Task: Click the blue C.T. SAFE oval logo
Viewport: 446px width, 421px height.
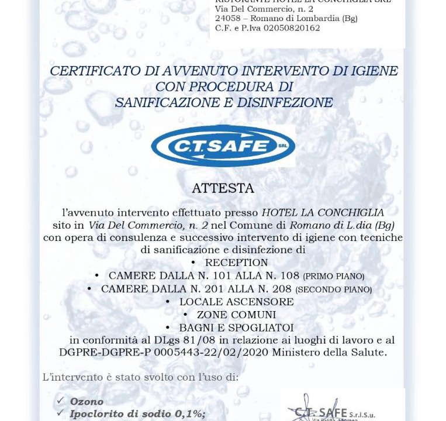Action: [223, 146]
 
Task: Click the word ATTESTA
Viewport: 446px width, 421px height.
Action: [223, 189]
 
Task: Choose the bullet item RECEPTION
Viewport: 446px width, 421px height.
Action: [236, 263]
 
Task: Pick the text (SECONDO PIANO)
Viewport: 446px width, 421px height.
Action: [333, 289]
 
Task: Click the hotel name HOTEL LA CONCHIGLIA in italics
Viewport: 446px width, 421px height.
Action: [323, 212]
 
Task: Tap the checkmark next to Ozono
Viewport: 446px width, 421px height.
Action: [60, 401]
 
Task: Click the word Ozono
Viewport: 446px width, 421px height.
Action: [87, 402]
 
